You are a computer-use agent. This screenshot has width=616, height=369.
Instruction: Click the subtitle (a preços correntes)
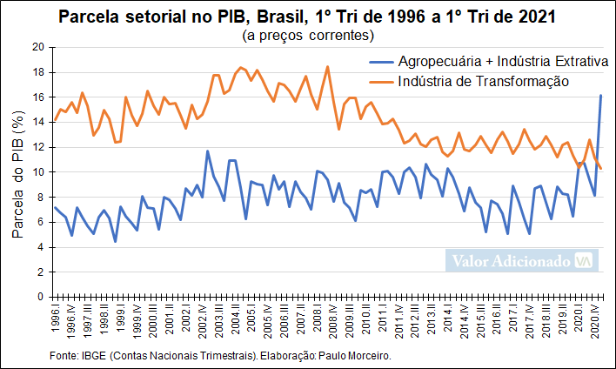point(308,36)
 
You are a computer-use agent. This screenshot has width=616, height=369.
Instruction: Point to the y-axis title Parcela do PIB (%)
point(17,172)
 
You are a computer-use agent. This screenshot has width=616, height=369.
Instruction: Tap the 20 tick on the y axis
point(37,47)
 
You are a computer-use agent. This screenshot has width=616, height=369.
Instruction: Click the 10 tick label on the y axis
point(37,172)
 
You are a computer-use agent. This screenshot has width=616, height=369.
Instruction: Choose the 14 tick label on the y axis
point(37,122)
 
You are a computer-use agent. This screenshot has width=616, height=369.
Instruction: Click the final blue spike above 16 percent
point(601,96)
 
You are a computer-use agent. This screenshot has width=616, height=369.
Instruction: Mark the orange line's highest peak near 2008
point(327,67)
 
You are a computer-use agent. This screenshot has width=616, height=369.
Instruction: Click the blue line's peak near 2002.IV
point(207,151)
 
